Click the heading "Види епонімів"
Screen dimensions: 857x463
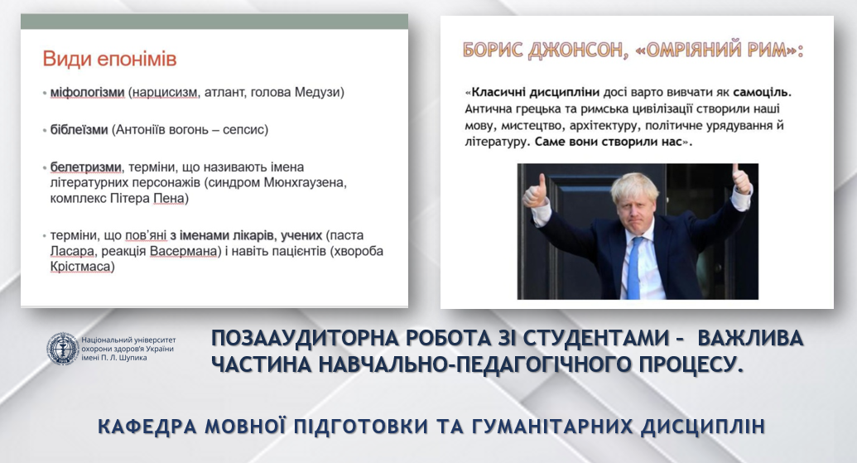[110, 59]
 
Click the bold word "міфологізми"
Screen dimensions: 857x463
[88, 93]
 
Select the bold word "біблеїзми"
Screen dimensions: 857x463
[79, 130]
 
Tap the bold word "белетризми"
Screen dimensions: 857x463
[86, 166]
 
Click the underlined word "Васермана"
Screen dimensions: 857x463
[184, 251]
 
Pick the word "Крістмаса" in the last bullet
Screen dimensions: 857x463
[81, 267]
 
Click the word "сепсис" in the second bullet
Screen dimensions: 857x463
[243, 130]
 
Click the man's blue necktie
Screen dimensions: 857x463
[634, 268]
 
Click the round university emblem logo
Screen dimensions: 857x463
[62, 348]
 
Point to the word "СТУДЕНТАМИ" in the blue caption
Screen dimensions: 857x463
[595, 339]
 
